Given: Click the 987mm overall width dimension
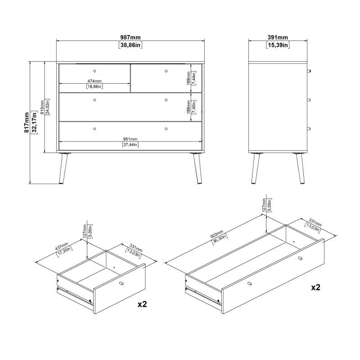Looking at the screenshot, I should (x=130, y=37).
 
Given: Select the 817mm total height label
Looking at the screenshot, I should (x=27, y=122).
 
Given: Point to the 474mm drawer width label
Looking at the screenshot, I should (x=94, y=81).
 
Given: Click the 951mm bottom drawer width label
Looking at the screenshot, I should (x=130, y=139).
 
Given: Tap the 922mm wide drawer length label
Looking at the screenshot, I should (x=216, y=234).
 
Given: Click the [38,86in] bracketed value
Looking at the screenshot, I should (x=130, y=45).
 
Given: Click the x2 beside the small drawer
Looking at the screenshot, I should (x=142, y=304).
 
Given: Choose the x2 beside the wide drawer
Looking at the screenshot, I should (x=315, y=287).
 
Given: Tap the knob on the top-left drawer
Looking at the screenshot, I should (x=94, y=71).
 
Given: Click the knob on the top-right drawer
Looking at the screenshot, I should (x=166, y=71).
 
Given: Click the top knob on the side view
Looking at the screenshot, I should (x=309, y=71).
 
